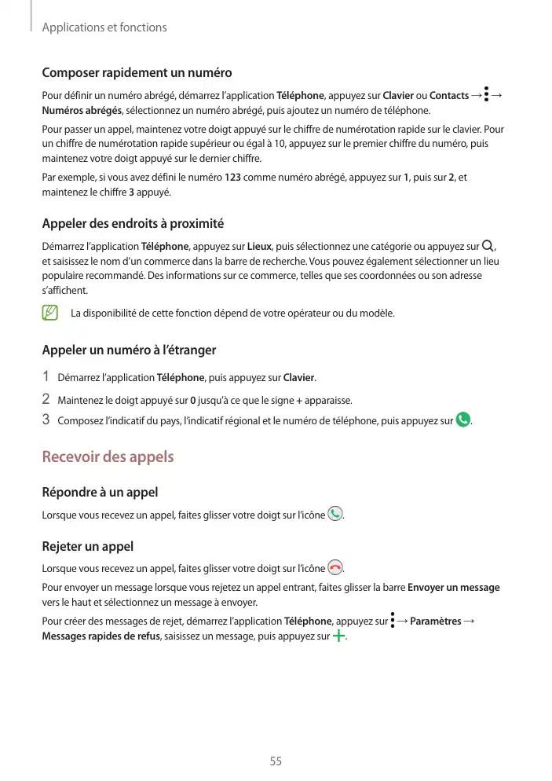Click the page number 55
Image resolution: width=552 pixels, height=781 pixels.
(x=276, y=761)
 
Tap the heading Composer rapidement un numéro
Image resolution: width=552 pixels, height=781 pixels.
(x=137, y=73)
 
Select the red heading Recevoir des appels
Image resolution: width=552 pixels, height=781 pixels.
(x=108, y=456)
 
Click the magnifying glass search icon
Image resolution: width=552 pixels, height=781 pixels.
(x=490, y=247)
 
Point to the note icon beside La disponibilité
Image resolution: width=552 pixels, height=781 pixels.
(x=49, y=313)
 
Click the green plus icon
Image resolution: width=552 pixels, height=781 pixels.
(x=338, y=636)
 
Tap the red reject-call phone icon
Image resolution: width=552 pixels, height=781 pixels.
(x=336, y=567)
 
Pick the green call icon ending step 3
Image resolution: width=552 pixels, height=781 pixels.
(x=463, y=420)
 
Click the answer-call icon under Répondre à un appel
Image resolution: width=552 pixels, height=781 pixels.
(x=336, y=515)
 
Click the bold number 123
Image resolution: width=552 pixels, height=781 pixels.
(x=232, y=178)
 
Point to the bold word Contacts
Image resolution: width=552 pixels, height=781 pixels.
(x=449, y=96)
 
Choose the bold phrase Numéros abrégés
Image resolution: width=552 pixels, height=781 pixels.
(x=82, y=110)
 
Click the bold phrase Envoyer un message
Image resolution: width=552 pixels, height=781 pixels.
(x=454, y=588)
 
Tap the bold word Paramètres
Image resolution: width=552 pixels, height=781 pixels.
(x=436, y=622)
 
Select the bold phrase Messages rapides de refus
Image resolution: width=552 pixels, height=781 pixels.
(x=101, y=636)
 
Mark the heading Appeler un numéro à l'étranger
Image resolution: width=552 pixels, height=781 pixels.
(x=129, y=350)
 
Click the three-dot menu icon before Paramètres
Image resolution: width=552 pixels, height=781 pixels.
(x=392, y=621)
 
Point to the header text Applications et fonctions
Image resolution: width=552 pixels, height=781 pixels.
(x=104, y=27)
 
